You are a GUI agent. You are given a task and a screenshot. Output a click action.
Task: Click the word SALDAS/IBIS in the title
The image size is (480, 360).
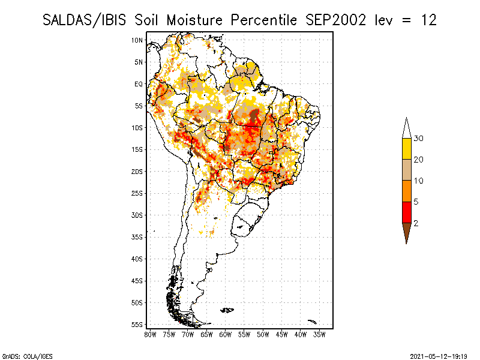(84, 20)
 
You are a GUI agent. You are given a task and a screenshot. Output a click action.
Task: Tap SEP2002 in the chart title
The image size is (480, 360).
(335, 20)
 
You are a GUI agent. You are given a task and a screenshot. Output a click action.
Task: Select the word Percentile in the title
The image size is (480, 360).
(263, 20)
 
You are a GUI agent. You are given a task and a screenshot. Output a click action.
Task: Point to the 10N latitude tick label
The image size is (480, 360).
(137, 40)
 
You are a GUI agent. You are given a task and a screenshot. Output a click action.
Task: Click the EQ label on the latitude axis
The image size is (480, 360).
(139, 84)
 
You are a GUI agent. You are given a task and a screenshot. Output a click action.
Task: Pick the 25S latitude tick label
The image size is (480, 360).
(137, 193)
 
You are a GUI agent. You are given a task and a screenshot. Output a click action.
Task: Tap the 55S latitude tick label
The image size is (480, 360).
(137, 325)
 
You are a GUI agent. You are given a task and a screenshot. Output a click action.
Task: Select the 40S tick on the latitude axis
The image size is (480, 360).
(137, 259)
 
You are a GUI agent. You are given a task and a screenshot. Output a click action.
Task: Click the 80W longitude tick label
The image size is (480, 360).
(150, 335)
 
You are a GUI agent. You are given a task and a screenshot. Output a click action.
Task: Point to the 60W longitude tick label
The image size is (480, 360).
(226, 335)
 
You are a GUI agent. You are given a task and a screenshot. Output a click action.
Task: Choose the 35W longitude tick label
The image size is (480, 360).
(319, 335)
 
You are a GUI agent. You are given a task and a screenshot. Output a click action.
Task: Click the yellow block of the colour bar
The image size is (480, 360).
(407, 149)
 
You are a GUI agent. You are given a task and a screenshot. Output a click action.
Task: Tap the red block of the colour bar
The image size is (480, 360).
(407, 212)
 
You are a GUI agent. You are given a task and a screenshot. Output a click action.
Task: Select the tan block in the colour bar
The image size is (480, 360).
(407, 170)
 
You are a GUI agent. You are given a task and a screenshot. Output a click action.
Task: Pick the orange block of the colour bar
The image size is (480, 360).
(407, 191)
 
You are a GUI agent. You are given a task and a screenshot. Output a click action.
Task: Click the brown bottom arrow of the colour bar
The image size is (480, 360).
(407, 231)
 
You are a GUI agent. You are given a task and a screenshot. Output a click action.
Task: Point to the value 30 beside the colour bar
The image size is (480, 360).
(418, 139)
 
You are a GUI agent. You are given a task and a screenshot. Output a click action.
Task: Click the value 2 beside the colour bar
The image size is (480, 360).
(416, 223)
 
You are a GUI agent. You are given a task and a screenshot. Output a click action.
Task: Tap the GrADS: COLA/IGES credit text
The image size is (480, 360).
(27, 356)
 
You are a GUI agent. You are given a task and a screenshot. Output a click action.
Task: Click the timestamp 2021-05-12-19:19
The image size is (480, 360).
(439, 356)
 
